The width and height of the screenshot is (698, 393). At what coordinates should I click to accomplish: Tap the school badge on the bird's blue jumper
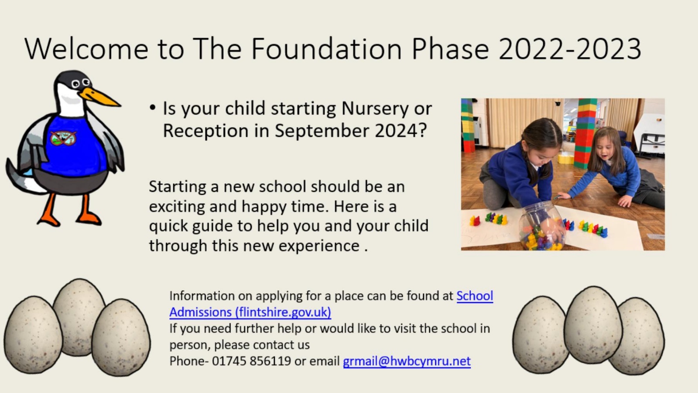click(x=63, y=138)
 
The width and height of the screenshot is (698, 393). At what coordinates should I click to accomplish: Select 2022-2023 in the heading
click(x=570, y=49)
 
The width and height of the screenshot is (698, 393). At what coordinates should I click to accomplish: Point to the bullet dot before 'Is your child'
click(x=152, y=108)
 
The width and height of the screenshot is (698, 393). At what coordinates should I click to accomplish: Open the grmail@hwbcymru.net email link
click(x=407, y=361)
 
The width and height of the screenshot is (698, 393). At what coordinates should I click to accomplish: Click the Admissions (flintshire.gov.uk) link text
click(x=250, y=312)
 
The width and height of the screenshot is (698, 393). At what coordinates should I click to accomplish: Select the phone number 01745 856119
click(x=251, y=361)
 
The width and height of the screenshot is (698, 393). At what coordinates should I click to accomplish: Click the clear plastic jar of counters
click(x=542, y=226)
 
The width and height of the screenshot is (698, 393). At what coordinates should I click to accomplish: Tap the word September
click(x=322, y=131)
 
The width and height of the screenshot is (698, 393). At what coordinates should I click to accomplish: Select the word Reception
click(x=206, y=131)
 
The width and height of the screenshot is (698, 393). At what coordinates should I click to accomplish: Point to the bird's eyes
click(x=81, y=83)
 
